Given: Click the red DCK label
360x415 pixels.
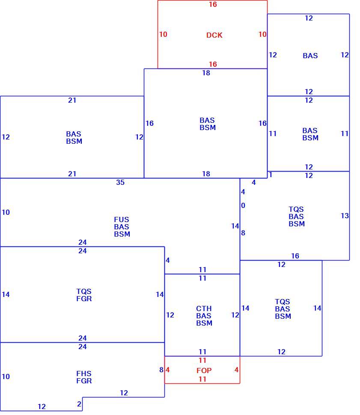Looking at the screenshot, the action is [x=214, y=35].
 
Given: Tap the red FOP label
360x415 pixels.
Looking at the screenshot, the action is [x=204, y=370].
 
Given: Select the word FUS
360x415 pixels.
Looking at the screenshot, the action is [x=121, y=219].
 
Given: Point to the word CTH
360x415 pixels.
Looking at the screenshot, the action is [x=204, y=308].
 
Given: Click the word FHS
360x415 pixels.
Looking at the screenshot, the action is [x=84, y=373].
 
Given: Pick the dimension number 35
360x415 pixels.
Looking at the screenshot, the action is [x=120, y=182].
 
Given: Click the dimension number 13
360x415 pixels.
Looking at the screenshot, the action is [x=345, y=216].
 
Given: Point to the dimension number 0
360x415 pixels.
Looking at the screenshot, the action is [x=243, y=205].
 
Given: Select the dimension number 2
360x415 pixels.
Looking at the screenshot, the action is [x=79, y=404].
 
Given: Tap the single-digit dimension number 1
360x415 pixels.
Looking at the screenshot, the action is [x=271, y=175].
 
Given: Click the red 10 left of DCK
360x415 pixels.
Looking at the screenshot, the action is [x=163, y=34].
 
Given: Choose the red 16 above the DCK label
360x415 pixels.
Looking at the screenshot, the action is [x=213, y=4].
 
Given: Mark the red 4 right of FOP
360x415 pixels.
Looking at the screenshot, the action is [x=236, y=370].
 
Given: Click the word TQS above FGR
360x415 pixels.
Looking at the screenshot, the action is [x=84, y=291].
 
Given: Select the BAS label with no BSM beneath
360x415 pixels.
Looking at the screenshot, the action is [x=310, y=56].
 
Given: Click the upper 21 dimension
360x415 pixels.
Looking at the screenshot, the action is [x=72, y=100].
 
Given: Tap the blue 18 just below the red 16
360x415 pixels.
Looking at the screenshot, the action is [x=206, y=73].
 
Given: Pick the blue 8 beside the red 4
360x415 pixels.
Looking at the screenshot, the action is [x=161, y=370].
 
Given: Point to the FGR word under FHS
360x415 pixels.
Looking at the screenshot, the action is [x=84, y=381].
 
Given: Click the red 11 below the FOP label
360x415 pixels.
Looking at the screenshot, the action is [x=202, y=379].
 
